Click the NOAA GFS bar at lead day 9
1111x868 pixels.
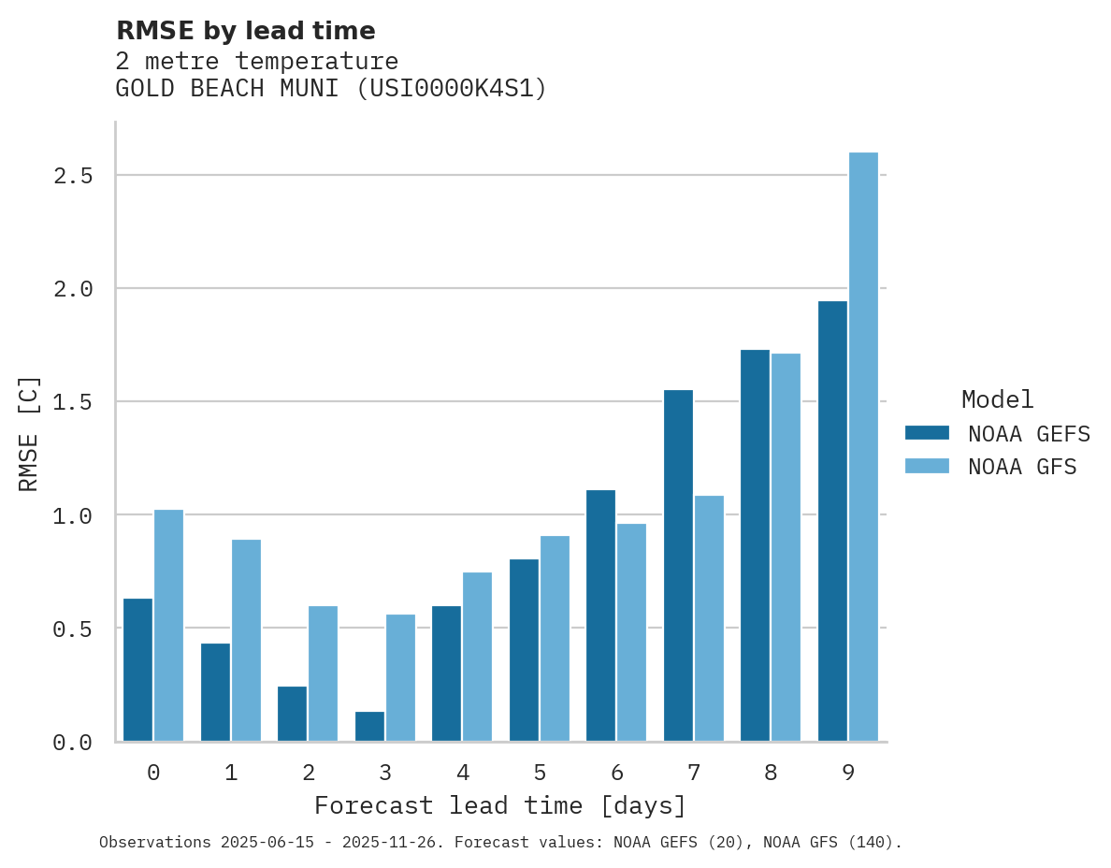point(863,447)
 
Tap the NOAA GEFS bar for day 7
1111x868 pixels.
point(678,566)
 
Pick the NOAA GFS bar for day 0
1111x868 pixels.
point(168,626)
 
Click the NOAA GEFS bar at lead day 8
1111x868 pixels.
point(755,545)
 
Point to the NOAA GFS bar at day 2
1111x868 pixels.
point(323,673)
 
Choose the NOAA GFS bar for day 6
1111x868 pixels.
point(631,632)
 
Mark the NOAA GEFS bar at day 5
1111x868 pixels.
point(524,650)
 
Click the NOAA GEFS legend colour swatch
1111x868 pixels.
point(927,433)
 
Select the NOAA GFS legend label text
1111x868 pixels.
point(1022,467)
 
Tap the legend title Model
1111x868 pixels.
point(997,400)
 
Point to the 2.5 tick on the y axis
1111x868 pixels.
point(73,176)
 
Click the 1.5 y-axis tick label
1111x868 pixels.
point(73,402)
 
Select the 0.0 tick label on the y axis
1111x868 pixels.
point(73,743)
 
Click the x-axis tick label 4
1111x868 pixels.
point(463,774)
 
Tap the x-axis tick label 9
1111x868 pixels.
point(848,774)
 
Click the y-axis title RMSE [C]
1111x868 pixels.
point(29,433)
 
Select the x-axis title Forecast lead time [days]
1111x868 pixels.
point(500,806)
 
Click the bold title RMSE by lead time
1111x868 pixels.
point(245,31)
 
